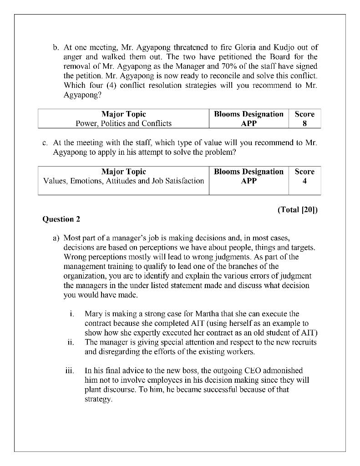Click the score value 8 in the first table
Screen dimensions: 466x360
click(x=304, y=123)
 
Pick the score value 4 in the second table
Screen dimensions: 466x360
click(x=304, y=181)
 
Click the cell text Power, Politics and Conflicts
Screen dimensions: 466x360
click(x=123, y=123)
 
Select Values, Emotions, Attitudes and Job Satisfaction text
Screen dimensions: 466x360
click(x=123, y=181)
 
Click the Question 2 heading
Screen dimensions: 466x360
click(x=61, y=219)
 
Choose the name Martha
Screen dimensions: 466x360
click(x=183, y=314)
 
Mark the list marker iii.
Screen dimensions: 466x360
click(x=70, y=371)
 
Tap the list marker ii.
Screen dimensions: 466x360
click(x=71, y=342)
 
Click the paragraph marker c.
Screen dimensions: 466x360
click(x=45, y=143)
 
